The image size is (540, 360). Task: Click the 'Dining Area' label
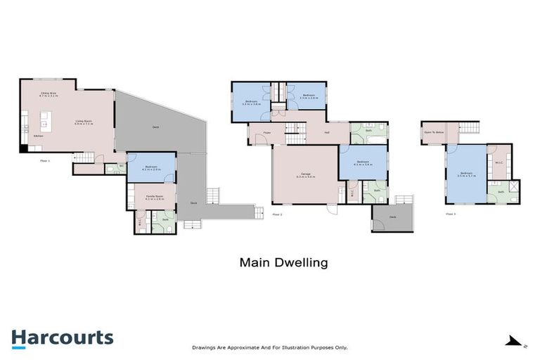pyautogui.click(x=49, y=94)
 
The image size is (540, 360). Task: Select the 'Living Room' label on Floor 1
pyautogui.click(x=84, y=122)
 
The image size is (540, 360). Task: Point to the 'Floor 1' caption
pyautogui.click(x=45, y=160)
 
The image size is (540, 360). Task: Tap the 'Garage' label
pyautogui.click(x=306, y=176)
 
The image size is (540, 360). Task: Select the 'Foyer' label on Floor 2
pyautogui.click(x=268, y=132)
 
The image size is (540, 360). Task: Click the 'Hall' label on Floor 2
pyautogui.click(x=327, y=132)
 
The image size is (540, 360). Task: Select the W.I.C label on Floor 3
pyautogui.click(x=498, y=163)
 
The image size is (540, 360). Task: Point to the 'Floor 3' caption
pyautogui.click(x=451, y=214)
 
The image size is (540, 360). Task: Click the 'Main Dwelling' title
pyautogui.click(x=284, y=263)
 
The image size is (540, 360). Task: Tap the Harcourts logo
pyautogui.click(x=62, y=337)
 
